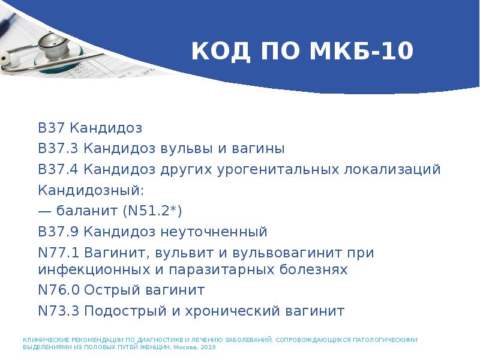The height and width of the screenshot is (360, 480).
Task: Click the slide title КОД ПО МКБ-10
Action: click(302, 52)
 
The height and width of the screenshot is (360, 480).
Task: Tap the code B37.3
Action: click(58, 148)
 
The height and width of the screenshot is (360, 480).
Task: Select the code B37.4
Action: click(58, 169)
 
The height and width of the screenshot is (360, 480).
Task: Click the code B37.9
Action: click(58, 232)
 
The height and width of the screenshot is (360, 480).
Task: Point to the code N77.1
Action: click(58, 253)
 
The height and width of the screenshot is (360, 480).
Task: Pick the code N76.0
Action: click(58, 290)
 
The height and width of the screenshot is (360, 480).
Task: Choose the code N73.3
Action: click(58, 311)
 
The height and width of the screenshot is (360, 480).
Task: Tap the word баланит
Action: click(88, 211)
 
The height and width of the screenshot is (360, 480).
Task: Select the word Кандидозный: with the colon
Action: click(91, 190)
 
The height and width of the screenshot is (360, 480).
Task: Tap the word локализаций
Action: click(392, 169)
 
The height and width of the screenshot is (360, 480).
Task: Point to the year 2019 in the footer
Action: click(208, 347)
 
